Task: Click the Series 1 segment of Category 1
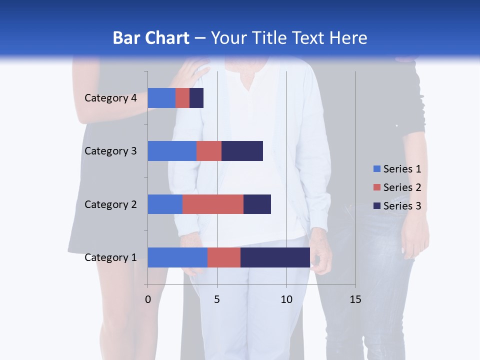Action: (x=177, y=257)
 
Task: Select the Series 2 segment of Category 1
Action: (x=224, y=257)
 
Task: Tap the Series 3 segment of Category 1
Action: (x=275, y=257)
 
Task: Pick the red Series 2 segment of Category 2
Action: (x=213, y=204)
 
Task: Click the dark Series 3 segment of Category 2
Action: (x=257, y=204)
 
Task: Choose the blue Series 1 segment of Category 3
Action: (x=172, y=151)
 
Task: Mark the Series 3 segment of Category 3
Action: (x=242, y=151)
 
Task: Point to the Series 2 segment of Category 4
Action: (x=182, y=98)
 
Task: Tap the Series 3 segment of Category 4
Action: (x=196, y=98)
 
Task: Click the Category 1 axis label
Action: (x=110, y=257)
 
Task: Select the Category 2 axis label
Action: (x=110, y=204)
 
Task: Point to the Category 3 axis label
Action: (x=110, y=151)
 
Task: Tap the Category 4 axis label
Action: (x=110, y=98)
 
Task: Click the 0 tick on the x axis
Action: (x=148, y=299)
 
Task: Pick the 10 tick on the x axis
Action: (x=286, y=299)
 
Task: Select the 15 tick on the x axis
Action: (x=355, y=299)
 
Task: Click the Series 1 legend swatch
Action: (x=376, y=169)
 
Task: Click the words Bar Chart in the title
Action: (x=151, y=38)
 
